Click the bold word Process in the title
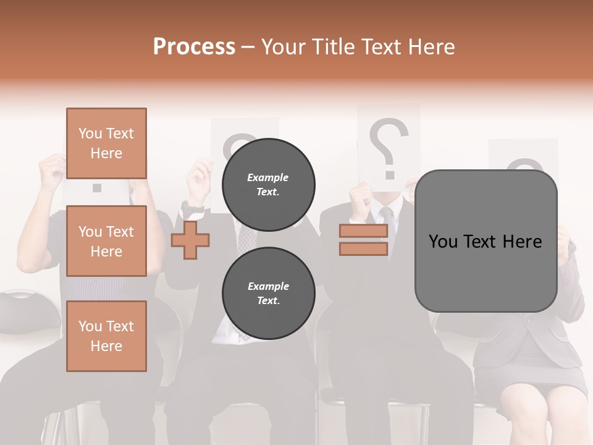194,47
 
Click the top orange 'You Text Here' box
106,143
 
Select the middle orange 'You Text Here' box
106,241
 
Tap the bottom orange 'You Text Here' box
106,336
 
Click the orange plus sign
190,240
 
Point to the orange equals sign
363,240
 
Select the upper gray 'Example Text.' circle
268,184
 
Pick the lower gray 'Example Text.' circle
268,293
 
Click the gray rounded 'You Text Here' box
486,241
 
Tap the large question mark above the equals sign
388,145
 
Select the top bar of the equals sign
363,231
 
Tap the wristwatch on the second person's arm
192,204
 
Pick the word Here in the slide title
432,47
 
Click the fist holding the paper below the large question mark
361,195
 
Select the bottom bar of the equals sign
363,248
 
